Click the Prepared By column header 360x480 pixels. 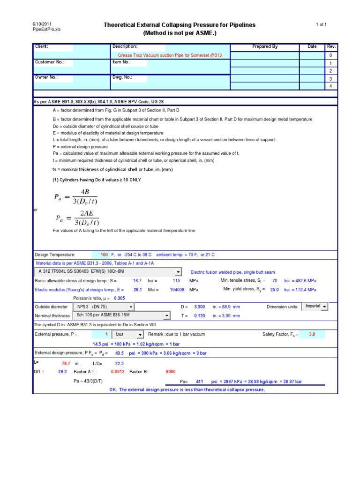(265, 46)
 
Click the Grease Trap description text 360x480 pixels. (170, 55)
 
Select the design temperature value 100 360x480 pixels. (104, 254)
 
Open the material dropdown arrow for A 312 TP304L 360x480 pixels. (178, 272)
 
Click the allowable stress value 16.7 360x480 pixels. (137, 280)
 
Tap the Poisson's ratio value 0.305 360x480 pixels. (119, 298)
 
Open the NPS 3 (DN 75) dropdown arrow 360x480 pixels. (131, 307)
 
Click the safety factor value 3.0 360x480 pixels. (312, 334)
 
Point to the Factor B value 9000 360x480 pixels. (171, 371)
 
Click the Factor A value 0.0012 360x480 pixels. (118, 371)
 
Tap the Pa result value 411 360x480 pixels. (199, 381)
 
